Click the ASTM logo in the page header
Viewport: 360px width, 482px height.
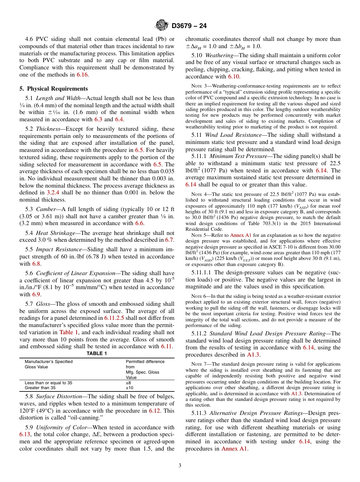[162, 26]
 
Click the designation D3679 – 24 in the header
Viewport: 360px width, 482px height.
[189, 26]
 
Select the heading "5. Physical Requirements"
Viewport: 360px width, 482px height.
[53, 89]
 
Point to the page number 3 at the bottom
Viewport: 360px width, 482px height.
[180, 465]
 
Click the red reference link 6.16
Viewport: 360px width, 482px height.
[82, 75]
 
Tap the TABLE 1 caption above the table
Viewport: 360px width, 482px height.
[97, 354]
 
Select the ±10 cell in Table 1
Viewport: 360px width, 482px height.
[130, 388]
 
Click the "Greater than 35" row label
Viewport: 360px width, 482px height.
[40, 388]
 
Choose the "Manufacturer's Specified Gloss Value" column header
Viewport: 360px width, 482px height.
[49, 364]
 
